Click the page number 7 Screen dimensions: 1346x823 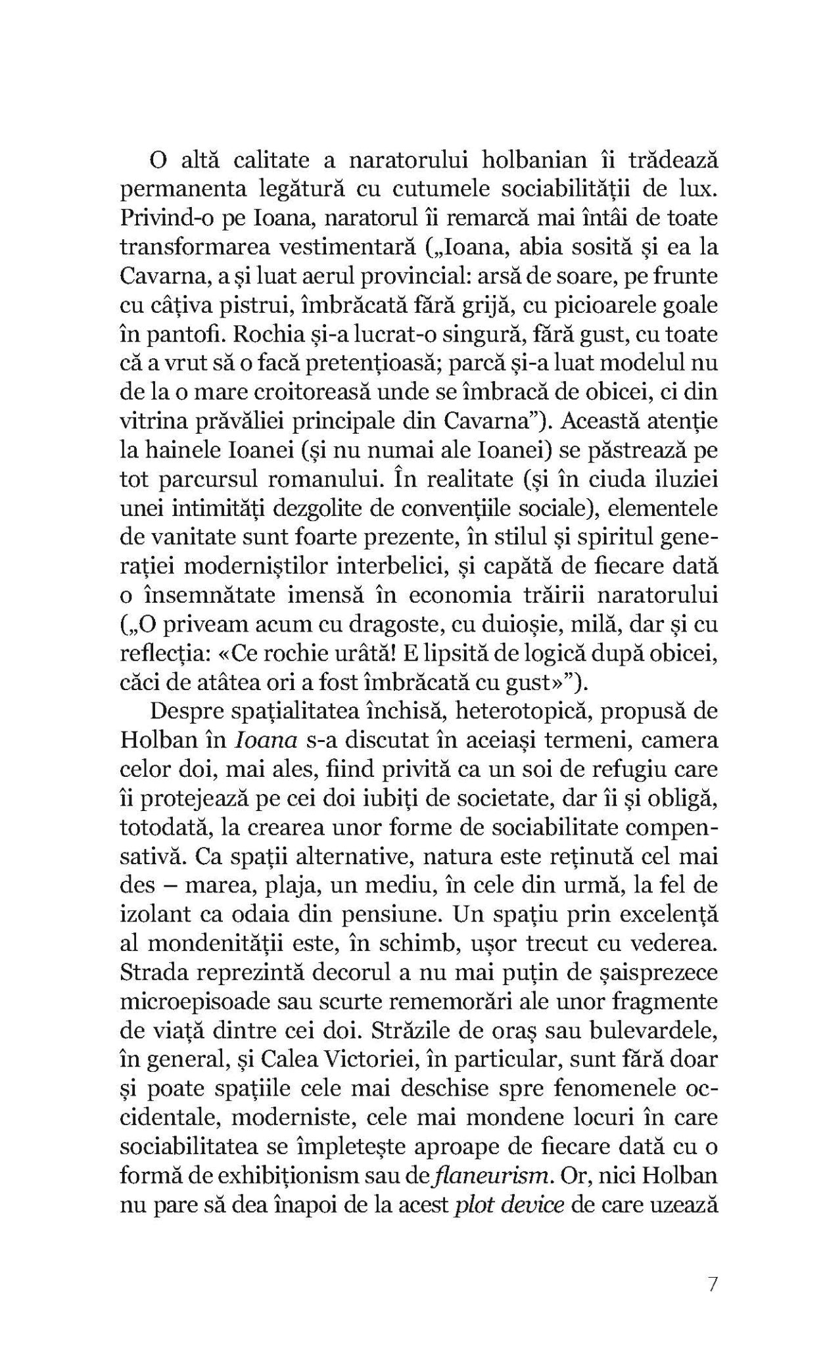(x=713, y=1285)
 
